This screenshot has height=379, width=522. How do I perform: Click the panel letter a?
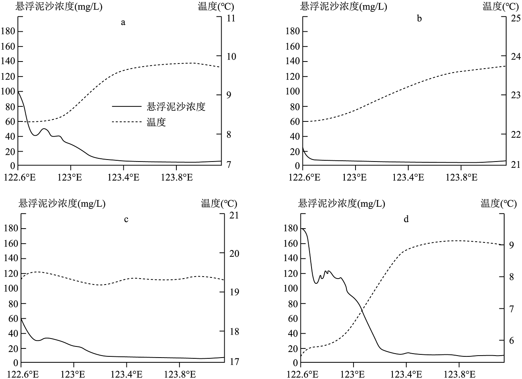coord(123,22)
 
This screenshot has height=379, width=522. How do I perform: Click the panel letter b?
coord(419,18)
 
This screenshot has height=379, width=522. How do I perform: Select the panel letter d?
coord(406,219)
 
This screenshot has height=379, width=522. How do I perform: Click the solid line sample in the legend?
coord(127,106)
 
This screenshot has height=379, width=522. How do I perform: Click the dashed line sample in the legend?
coord(127,122)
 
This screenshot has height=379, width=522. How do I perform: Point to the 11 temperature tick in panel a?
coord(231,18)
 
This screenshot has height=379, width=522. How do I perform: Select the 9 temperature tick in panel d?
coord(511,245)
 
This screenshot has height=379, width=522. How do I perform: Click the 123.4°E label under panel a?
coord(124,177)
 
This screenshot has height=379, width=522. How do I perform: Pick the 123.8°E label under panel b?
coord(461,177)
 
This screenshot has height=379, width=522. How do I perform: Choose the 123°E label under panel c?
coord(73,374)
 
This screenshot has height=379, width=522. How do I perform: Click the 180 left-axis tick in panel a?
coord(8,31)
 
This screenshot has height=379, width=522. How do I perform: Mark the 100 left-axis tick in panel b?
coord(293,91)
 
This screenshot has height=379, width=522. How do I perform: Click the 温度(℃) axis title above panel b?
coord(501,6)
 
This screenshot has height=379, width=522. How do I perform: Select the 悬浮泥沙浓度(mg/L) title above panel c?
coord(62,204)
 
